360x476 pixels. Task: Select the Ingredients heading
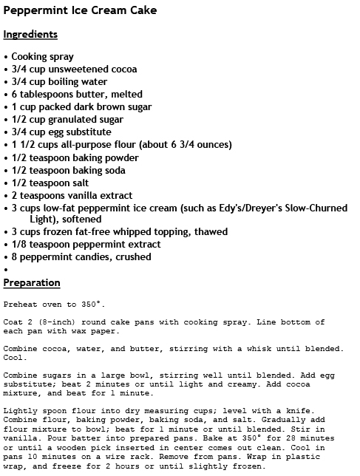point(30,35)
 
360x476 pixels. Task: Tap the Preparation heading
point(32,283)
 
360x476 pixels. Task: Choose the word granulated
point(68,120)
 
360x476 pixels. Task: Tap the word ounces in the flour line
point(211,145)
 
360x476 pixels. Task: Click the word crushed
point(134,257)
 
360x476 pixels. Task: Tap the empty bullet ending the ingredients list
point(6,270)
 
